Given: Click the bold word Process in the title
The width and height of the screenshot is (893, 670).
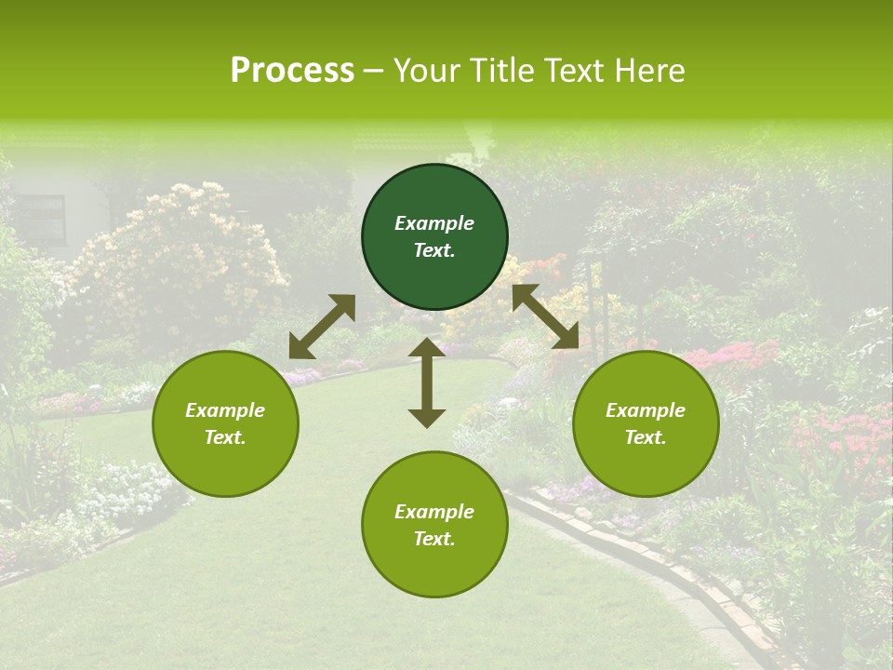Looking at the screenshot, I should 292,71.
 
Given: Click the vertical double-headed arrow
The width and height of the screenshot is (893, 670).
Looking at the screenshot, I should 427,382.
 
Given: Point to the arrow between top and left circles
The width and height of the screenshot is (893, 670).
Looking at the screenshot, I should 322,326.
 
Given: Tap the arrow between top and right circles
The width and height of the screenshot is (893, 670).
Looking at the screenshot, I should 546,317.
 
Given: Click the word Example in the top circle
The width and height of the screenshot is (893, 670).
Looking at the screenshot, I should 434,223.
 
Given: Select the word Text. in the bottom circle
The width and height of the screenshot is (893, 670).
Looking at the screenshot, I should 434,539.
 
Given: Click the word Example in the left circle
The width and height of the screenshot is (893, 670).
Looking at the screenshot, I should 225,410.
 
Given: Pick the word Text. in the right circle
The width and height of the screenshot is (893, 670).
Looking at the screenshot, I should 646,437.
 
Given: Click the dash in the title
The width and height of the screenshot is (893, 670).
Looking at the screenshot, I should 374,71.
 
